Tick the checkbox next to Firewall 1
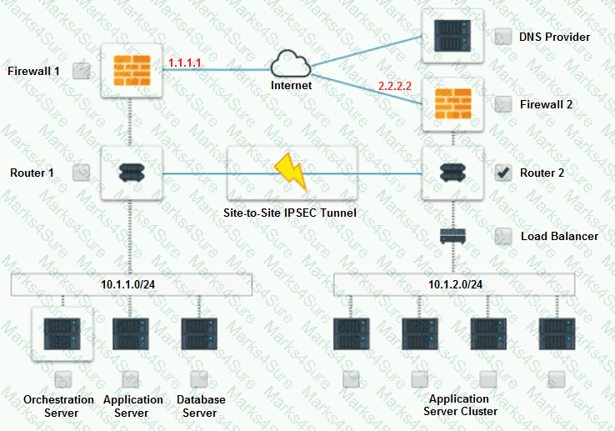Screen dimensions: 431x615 81,71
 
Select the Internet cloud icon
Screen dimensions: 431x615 291,63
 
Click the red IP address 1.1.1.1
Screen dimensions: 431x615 184,63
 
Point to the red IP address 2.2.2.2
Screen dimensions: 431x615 394,86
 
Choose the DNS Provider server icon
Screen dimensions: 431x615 453,36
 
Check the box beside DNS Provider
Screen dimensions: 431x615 503,37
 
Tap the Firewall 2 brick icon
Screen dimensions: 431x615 453,104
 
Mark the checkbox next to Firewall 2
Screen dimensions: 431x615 503,104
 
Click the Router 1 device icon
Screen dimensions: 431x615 129,173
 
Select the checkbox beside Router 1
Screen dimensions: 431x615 81,173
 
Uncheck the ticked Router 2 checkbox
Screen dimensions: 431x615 503,173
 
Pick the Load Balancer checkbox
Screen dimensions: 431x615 503,236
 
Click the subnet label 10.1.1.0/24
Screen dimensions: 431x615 129,284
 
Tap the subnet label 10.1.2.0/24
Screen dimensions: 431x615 455,284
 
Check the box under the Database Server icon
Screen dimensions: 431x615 198,379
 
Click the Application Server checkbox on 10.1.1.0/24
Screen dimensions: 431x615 130,379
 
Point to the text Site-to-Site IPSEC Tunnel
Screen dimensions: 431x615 291,213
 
